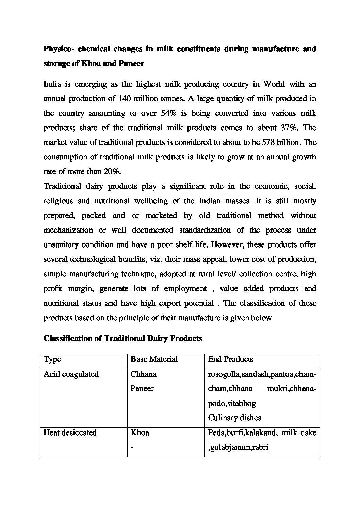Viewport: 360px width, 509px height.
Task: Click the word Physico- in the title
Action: [58, 49]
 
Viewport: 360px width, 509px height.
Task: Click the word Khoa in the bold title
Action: [91, 64]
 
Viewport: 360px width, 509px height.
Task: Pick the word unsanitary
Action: [60, 245]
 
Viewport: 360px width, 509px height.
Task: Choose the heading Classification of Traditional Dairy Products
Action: [123, 339]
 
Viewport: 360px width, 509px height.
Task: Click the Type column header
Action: [52, 359]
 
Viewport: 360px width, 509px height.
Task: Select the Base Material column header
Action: [154, 359]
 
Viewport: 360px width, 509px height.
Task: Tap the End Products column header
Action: [230, 359]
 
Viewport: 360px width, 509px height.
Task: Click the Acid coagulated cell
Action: [71, 374]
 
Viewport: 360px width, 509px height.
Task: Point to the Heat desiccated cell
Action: [70, 433]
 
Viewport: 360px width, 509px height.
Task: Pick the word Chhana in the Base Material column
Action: [143, 374]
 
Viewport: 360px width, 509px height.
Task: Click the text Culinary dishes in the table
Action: [234, 418]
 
